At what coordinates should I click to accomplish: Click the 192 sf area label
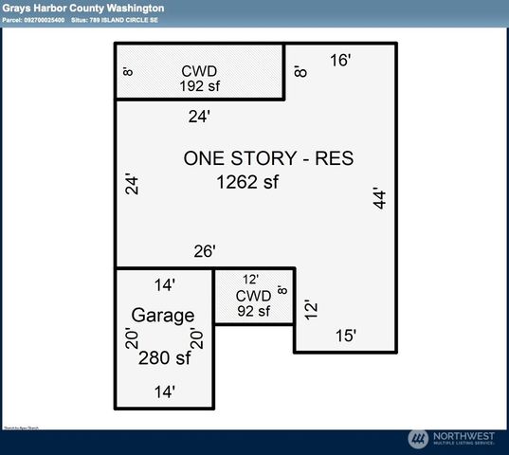click(x=199, y=84)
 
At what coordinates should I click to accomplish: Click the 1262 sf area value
click(x=248, y=181)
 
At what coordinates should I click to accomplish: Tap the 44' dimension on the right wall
click(x=381, y=198)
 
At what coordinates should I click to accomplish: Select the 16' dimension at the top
click(x=341, y=61)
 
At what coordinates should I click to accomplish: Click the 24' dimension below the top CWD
click(x=199, y=117)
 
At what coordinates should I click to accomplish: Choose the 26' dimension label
click(x=205, y=251)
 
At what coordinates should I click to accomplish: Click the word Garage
click(x=163, y=316)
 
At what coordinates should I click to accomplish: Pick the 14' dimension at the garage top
click(x=164, y=283)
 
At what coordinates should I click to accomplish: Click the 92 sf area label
click(x=253, y=310)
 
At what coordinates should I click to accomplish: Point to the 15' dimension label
click(x=346, y=335)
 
